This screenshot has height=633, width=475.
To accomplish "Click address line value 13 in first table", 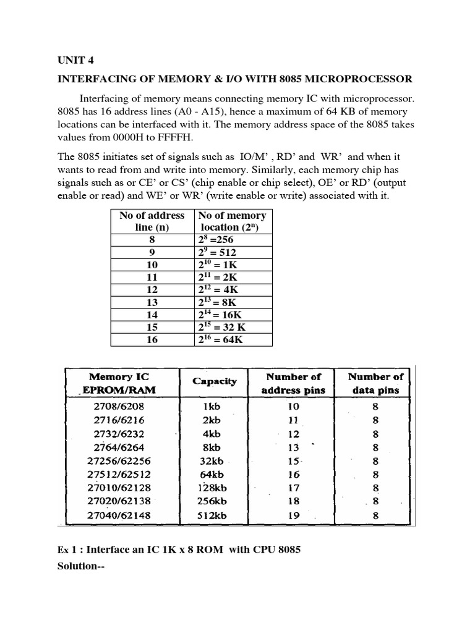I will pyautogui.click(x=152, y=302).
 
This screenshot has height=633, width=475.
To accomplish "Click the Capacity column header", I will pyautogui.click(x=214, y=381).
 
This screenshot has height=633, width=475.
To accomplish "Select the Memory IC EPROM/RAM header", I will pyautogui.click(x=119, y=383).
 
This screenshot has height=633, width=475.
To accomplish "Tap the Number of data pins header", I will pyautogui.click(x=375, y=383).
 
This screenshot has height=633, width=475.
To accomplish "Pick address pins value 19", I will pyautogui.click(x=293, y=515).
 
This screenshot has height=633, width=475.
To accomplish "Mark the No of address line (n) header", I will pyautogui.click(x=152, y=221).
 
